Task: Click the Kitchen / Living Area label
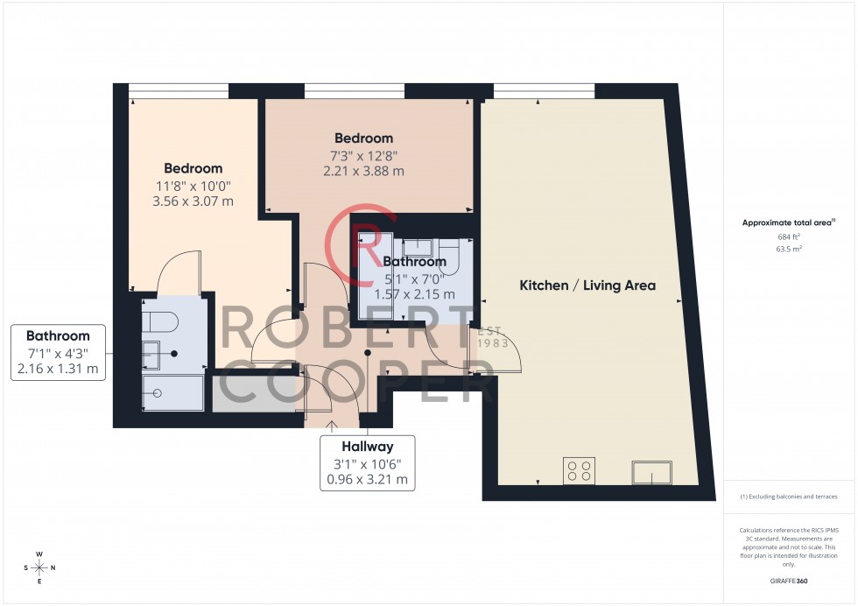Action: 587,285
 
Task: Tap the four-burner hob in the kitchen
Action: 578,471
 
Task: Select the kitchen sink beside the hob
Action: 651,474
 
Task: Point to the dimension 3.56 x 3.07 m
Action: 193,201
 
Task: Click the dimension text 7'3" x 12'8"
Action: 363,155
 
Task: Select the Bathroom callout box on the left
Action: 58,353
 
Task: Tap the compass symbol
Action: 39,567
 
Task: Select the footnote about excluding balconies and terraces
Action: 789,497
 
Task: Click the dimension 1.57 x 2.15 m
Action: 414,294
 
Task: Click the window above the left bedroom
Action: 179,90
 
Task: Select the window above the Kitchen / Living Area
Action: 544,90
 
